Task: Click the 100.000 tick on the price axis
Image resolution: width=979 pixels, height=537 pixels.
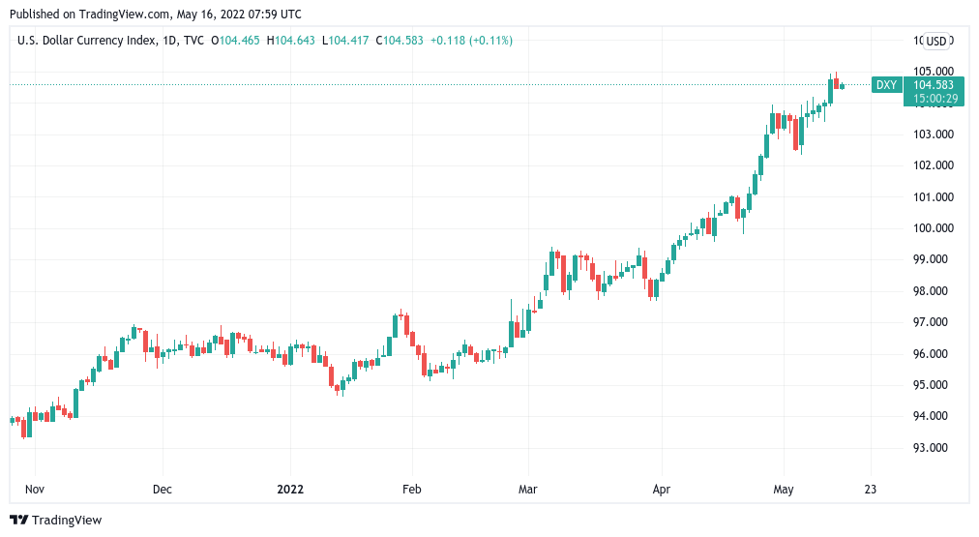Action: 934,228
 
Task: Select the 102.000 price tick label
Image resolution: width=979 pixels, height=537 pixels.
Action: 934,165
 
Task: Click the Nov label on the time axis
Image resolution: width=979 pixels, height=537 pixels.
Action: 35,490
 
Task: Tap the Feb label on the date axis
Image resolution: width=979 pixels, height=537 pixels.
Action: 412,490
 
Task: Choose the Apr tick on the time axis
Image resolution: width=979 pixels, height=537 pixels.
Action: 662,490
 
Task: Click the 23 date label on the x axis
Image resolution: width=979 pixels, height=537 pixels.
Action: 871,490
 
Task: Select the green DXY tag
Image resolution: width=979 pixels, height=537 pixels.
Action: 886,85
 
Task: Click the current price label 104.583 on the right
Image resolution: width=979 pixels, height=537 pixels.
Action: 934,85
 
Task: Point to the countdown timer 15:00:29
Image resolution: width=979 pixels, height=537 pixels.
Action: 934,98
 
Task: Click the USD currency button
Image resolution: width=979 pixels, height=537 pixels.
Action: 935,41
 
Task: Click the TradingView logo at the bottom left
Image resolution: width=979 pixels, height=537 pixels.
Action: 56,520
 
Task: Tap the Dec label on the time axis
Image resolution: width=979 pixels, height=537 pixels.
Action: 163,490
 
